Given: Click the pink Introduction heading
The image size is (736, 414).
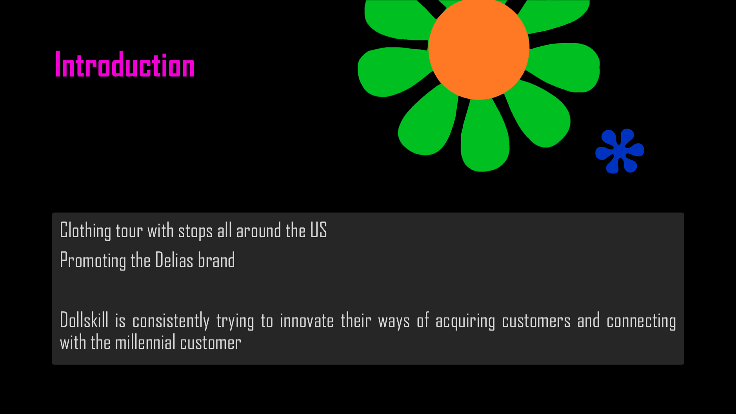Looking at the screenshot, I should coord(125,65).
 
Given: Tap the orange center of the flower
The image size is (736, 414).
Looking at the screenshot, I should coord(479,49).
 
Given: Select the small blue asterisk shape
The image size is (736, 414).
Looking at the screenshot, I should coord(620,151).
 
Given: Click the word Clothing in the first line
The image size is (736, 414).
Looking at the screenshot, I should coord(85,231).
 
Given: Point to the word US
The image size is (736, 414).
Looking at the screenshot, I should coord(318,230).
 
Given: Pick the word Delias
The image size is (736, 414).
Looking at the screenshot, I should coord(174,260).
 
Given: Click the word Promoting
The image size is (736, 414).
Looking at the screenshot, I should coord(93,261).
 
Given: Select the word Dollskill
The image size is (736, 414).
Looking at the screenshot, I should coord(84,320).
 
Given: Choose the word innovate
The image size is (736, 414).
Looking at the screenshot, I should coord(307,321).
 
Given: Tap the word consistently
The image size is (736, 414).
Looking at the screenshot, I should coord(171,321).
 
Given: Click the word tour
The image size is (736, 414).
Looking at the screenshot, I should coord(129,231).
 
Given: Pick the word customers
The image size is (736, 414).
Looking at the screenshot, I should coord(536,321).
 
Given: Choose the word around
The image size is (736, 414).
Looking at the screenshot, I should coord(258,231).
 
